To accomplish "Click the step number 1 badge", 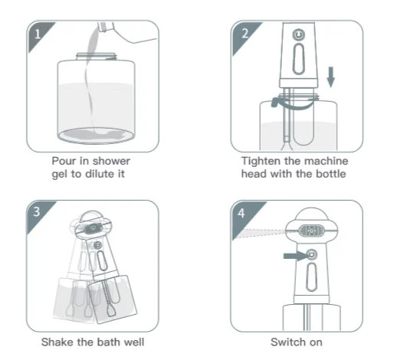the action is (x=38, y=34).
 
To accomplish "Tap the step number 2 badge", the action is (x=245, y=34).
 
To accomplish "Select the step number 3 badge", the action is (x=37, y=211).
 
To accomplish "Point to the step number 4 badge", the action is (x=241, y=213).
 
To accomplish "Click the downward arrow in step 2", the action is (x=330, y=77).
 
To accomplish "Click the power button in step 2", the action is (x=299, y=34).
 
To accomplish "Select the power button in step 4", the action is (x=311, y=255).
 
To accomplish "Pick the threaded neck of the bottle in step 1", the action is (x=96, y=57).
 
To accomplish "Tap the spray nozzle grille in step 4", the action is (x=311, y=231).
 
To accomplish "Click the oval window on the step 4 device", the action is (x=311, y=277).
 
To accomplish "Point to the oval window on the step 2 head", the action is (x=299, y=59).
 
